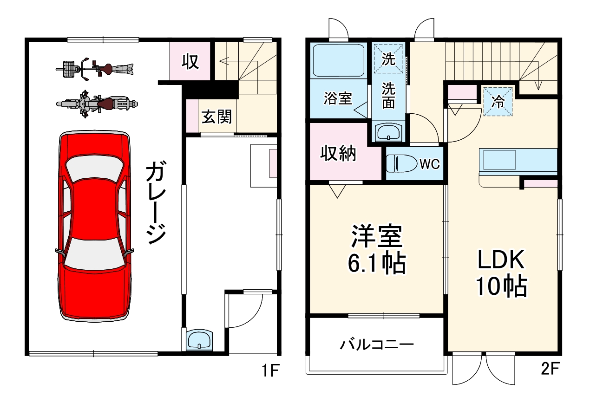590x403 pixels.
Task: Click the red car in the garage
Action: point(95,226)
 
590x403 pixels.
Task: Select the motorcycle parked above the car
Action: point(95,103)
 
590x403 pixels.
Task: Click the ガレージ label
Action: point(155,203)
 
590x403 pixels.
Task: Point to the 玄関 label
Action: point(216,116)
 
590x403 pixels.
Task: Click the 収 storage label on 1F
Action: point(190,62)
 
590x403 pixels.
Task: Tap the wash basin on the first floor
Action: point(199,339)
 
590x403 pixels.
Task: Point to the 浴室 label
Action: point(338,98)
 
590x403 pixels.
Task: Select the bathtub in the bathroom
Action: point(338,60)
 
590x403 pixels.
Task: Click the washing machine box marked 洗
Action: point(388,59)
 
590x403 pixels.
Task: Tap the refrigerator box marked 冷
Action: point(498,102)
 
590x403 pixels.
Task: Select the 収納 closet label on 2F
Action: point(339,153)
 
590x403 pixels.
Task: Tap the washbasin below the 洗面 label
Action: point(389,132)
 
